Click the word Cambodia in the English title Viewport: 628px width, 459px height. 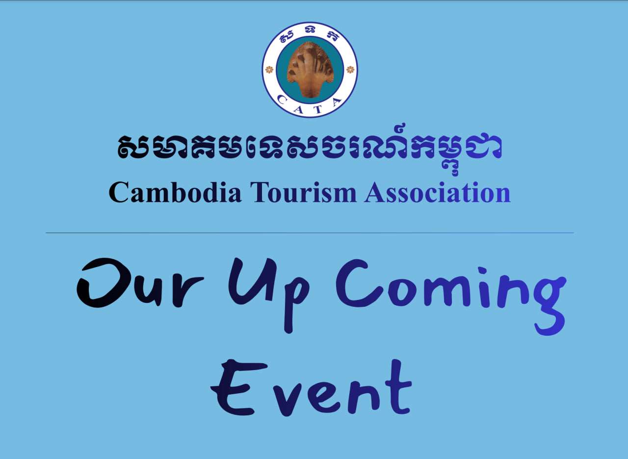coord(175,192)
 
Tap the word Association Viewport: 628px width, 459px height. coord(437,192)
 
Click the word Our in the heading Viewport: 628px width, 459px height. coord(140,283)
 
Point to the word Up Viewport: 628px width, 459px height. coord(269,295)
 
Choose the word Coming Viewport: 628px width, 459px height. coord(451,297)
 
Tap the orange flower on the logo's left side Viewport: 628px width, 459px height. coord(269,70)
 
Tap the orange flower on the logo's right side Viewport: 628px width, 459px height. coord(350,70)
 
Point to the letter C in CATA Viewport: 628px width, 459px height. coord(282,99)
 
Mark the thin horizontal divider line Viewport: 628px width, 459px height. coord(310,233)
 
